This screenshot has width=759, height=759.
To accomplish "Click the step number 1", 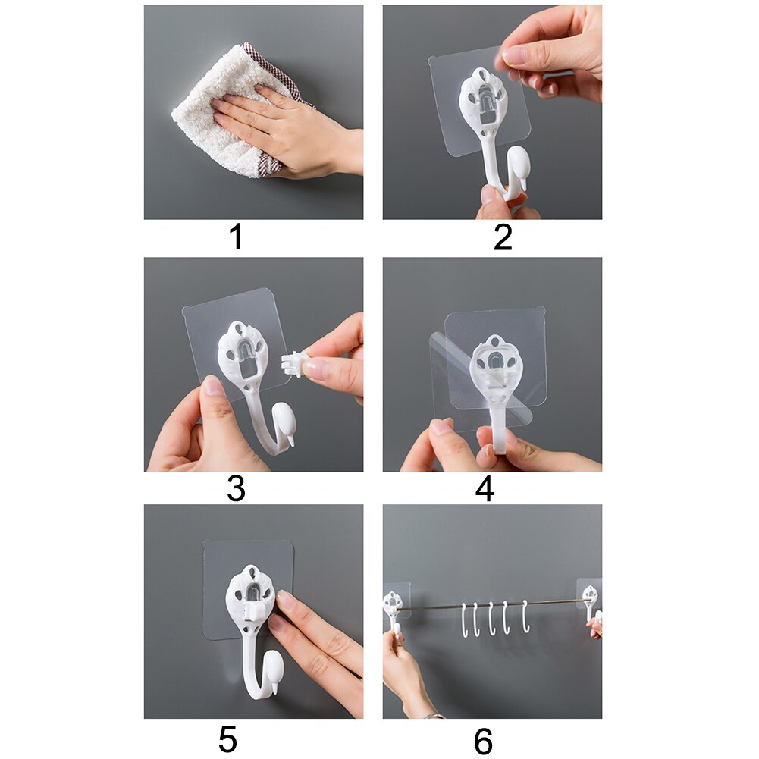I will tap(236, 237).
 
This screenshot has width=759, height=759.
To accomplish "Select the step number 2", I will tap(503, 237).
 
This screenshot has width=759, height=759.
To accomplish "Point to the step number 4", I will tap(485, 489).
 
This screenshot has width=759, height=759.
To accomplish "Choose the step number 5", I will tap(227, 739).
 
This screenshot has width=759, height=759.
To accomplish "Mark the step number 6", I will tap(483, 740).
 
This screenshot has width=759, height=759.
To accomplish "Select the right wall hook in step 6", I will tap(590, 603).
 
